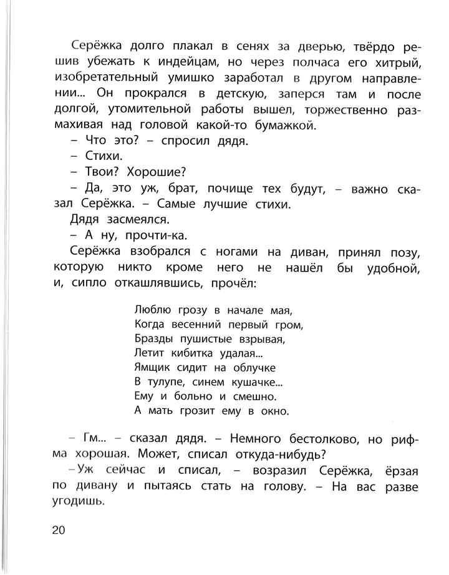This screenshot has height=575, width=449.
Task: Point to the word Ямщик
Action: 152,368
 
